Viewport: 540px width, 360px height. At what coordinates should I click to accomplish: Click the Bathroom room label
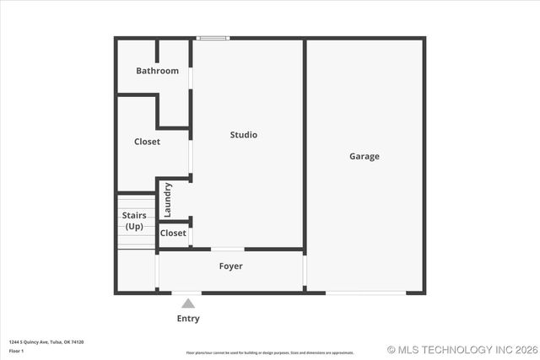[x=157, y=71]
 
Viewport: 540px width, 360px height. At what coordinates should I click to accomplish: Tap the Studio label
[x=244, y=135]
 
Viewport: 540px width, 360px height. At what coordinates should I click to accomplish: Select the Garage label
[x=364, y=156]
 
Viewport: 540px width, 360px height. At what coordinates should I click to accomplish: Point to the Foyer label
[x=230, y=266]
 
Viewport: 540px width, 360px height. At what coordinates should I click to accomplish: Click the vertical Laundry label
[x=168, y=199]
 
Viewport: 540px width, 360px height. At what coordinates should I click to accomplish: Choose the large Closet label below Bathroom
[x=147, y=142]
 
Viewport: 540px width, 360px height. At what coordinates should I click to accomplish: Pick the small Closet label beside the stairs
[x=173, y=234]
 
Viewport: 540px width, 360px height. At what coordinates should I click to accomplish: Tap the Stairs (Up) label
[x=134, y=221]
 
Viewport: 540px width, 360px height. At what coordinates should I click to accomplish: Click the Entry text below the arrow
[x=188, y=319]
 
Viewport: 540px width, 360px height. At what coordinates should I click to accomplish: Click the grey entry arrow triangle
[x=188, y=304]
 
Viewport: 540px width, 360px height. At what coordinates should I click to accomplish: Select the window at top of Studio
[x=213, y=38]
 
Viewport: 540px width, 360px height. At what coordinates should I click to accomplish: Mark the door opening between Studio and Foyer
[x=227, y=249]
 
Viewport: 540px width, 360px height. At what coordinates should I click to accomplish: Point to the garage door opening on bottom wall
[x=365, y=293]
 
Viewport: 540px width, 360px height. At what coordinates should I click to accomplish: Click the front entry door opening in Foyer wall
[x=187, y=293]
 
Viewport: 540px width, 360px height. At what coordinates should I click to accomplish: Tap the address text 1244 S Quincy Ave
[x=46, y=341]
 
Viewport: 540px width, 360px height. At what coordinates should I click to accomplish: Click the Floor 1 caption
[x=17, y=350]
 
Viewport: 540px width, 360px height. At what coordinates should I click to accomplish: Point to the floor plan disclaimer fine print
[x=270, y=352]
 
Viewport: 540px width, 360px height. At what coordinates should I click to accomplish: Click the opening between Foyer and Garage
[x=305, y=271]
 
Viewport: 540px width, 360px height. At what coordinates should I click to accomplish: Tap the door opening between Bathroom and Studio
[x=191, y=78]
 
